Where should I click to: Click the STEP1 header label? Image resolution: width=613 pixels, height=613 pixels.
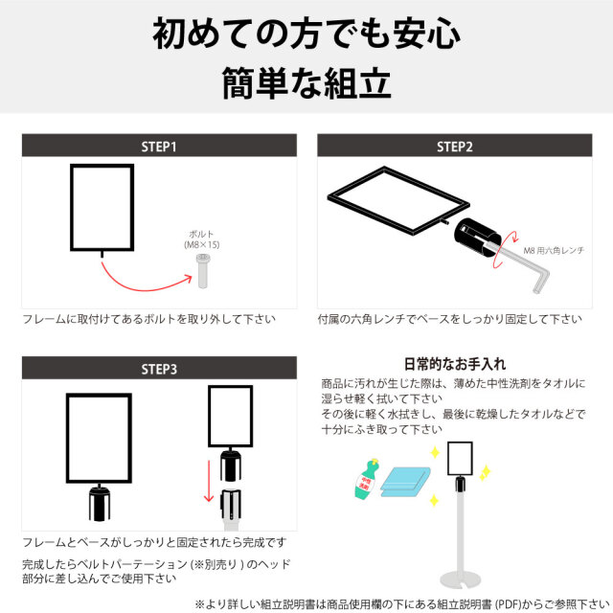click(159, 147)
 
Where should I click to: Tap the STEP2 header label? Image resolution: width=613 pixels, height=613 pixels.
click(455, 147)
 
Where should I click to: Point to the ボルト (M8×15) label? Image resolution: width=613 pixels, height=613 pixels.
click(202, 240)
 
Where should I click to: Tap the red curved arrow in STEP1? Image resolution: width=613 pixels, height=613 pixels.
click(144, 280)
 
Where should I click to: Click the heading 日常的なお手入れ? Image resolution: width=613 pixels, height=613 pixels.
click(455, 364)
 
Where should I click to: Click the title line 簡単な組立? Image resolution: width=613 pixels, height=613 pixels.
click(306, 82)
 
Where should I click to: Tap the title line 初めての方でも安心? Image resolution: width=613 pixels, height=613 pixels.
click(306, 34)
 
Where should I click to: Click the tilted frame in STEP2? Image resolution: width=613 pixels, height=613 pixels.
click(397, 201)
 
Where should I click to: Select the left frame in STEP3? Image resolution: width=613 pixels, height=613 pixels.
click(99, 437)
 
